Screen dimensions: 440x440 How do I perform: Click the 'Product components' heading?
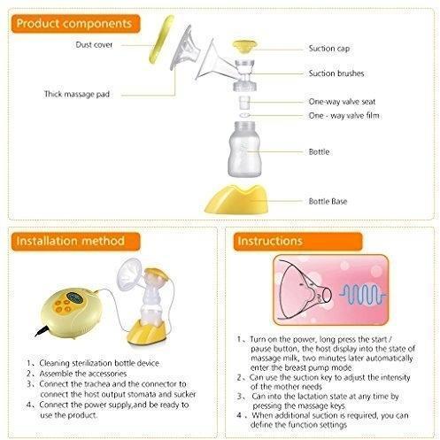74,24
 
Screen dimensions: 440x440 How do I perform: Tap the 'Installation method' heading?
70,241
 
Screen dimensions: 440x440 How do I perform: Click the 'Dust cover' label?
94,45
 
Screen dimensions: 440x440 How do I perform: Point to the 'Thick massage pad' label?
77,94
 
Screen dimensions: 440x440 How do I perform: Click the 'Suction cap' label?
329,49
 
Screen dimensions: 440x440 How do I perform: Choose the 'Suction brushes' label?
336,73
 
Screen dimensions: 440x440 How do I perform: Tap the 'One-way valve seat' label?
342,102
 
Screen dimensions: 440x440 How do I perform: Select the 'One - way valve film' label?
344,115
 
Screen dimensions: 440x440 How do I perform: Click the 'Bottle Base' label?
328,201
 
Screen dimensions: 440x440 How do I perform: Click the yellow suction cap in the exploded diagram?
244,47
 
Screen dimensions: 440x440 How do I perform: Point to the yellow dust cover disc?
161,39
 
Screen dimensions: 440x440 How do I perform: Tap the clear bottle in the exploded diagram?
244,150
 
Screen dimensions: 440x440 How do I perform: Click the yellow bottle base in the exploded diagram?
237,199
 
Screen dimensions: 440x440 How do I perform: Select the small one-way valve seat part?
244,103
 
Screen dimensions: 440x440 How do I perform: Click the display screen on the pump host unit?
73,297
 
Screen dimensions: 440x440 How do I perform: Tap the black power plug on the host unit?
42,331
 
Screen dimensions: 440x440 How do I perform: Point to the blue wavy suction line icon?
363,294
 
